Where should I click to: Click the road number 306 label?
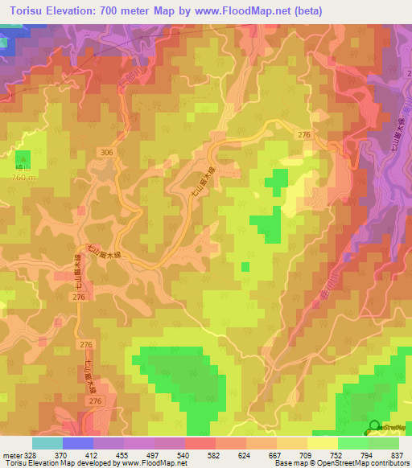(108, 152)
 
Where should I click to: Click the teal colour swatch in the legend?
(47, 443)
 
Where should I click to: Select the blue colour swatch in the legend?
(77, 443)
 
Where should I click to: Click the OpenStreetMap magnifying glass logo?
(374, 426)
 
